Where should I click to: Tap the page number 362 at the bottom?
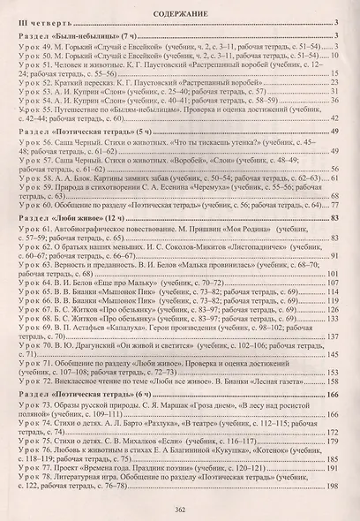pyautogui.click(x=180, y=510)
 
